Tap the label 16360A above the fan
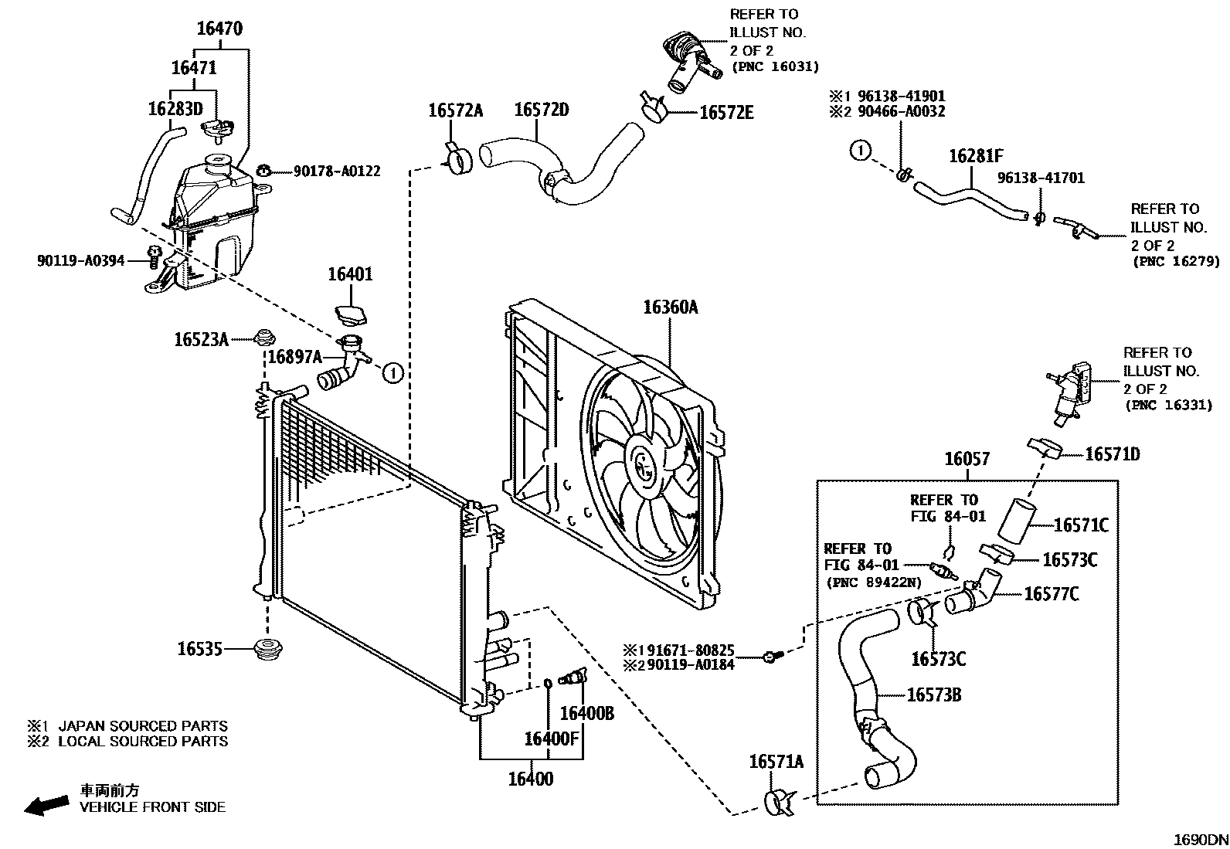[670, 307]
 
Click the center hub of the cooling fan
[643, 466]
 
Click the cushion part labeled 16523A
[266, 338]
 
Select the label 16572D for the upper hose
[541, 110]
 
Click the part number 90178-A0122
[336, 171]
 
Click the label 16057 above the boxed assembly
[967, 460]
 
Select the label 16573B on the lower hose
[933, 694]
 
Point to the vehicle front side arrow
[45, 806]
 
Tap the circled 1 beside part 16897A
[393, 374]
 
